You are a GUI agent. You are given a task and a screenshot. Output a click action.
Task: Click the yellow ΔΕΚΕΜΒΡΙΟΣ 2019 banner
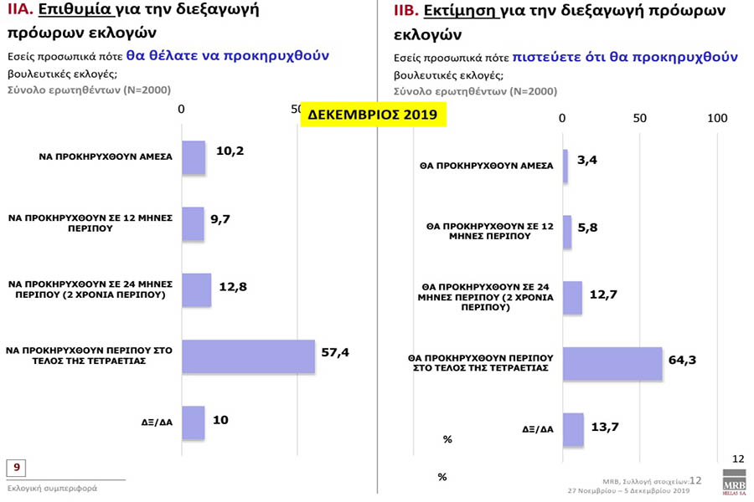pos(373,115)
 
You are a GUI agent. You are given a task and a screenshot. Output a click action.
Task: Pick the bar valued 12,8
pos(196,289)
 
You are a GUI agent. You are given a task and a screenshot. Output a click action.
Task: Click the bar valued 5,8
pos(566,232)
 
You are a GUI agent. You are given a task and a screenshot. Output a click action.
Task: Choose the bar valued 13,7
pos(572,429)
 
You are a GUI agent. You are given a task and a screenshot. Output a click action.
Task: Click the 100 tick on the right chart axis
pos(717,118)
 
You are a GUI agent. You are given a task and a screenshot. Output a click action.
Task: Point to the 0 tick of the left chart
pos(182,110)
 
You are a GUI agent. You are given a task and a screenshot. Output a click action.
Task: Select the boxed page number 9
pos(16,467)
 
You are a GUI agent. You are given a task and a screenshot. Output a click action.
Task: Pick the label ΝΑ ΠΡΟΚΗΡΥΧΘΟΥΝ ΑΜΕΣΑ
pos(106,156)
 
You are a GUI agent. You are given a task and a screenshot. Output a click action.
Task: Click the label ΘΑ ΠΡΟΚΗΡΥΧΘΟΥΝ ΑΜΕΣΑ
pos(486,166)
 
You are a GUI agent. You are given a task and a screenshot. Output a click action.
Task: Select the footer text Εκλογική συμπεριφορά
pos(52,488)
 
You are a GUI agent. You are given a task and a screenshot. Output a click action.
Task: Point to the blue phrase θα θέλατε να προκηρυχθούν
pos(228,55)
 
